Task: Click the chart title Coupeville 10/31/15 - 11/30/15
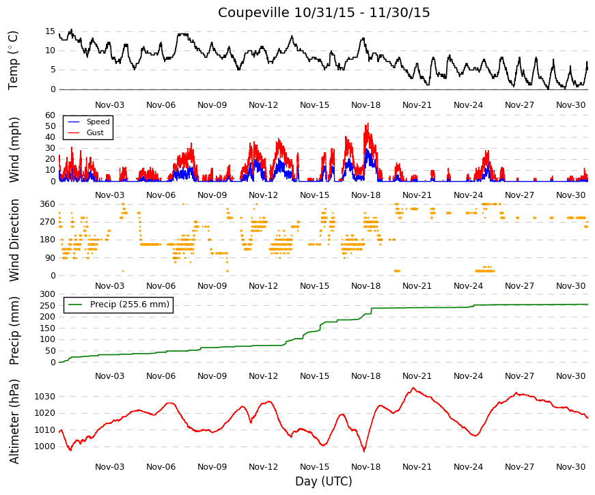click(324, 12)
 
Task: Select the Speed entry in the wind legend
click(98, 122)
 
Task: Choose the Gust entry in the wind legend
click(95, 132)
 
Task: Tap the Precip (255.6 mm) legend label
click(130, 305)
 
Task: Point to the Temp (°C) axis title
click(13, 60)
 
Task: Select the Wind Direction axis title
click(14, 240)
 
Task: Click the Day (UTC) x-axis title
click(324, 481)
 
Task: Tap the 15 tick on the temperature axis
click(50, 31)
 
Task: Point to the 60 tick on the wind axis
click(50, 115)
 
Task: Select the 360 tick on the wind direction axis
click(47, 204)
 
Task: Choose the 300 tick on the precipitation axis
click(47, 294)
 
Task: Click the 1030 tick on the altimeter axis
click(45, 397)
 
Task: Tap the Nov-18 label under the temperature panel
click(365, 105)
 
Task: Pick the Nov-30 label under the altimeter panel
click(570, 467)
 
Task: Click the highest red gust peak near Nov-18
click(368, 124)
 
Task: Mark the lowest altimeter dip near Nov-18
click(364, 451)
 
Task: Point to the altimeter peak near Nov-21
click(413, 388)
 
